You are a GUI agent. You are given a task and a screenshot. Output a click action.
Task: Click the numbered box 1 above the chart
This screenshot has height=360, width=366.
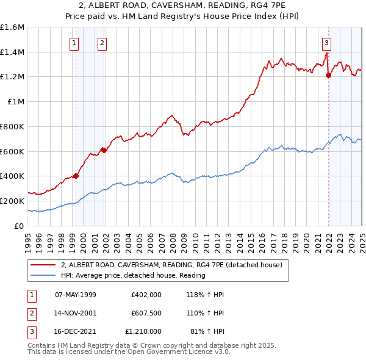[74, 43]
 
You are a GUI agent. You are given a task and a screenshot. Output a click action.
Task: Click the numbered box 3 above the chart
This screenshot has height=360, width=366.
[327, 43]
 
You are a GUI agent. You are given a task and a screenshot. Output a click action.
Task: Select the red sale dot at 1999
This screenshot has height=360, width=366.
[76, 176]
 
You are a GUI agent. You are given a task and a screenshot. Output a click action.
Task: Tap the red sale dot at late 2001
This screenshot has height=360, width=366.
[104, 149]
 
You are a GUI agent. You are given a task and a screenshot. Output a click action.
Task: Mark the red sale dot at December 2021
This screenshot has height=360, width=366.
[328, 76]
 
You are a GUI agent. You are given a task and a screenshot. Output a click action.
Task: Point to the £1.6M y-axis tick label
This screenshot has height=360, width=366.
[12, 27]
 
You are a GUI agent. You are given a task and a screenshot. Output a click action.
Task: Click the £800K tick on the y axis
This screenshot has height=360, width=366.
[12, 126]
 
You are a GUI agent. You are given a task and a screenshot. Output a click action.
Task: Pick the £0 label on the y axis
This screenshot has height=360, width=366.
[20, 226]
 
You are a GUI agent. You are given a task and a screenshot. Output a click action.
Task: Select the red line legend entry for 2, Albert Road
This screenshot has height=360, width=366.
[171, 265]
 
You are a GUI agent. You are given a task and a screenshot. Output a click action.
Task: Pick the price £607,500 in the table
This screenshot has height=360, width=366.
[146, 313]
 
